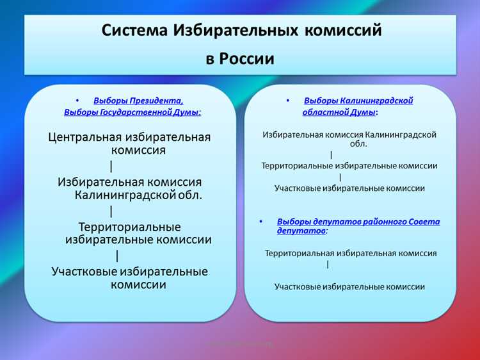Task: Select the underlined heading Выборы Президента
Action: (138, 101)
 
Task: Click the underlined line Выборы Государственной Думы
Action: (132, 112)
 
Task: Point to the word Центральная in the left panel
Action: (88, 136)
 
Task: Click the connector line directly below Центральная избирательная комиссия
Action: (111, 167)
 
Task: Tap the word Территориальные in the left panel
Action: (129, 227)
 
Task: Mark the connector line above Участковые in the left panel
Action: (117, 256)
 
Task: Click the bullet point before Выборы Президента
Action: (77, 101)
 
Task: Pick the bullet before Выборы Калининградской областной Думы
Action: (288, 101)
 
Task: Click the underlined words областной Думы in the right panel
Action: (339, 112)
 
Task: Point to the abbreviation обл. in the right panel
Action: (358, 144)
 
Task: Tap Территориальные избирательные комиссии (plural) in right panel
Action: (349, 165)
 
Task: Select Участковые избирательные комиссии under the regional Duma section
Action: (349, 188)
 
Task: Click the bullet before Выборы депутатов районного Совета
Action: (260, 222)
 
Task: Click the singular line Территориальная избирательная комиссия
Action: (351, 253)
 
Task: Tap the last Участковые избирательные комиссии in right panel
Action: (349, 287)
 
